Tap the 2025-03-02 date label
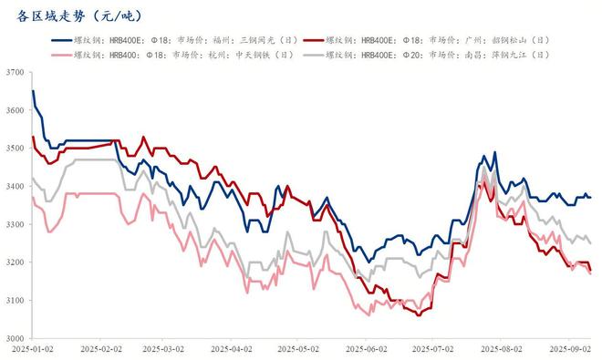[x=166, y=349]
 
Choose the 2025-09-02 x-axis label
[x=570, y=349]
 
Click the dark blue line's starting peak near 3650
[x=33, y=91]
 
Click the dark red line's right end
[x=590, y=271]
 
